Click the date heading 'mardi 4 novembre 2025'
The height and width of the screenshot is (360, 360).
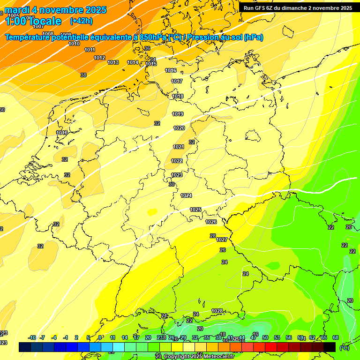point(56,10)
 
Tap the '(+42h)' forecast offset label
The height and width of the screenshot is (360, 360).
point(81,21)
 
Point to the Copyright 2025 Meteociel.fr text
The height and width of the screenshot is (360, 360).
point(197,356)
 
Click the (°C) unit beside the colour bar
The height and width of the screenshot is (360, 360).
point(345,347)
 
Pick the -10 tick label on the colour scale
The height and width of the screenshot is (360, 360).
point(32,337)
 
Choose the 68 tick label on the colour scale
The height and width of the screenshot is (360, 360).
point(336,337)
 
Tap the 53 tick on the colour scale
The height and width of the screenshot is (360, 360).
point(277,337)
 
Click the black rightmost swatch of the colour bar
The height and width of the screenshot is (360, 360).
point(330,347)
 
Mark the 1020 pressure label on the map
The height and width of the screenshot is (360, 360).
point(179,128)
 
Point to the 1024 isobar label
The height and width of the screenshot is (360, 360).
point(186,195)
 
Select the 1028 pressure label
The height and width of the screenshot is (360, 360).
point(217,311)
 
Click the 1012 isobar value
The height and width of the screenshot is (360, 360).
point(99,58)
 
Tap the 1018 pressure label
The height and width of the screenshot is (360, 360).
point(178,96)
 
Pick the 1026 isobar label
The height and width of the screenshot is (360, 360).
point(211,222)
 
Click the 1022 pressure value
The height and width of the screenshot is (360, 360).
point(177,161)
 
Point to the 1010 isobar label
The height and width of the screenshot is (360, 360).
point(74,44)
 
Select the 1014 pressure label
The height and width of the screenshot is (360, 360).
point(133,62)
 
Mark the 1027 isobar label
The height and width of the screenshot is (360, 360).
point(222,240)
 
